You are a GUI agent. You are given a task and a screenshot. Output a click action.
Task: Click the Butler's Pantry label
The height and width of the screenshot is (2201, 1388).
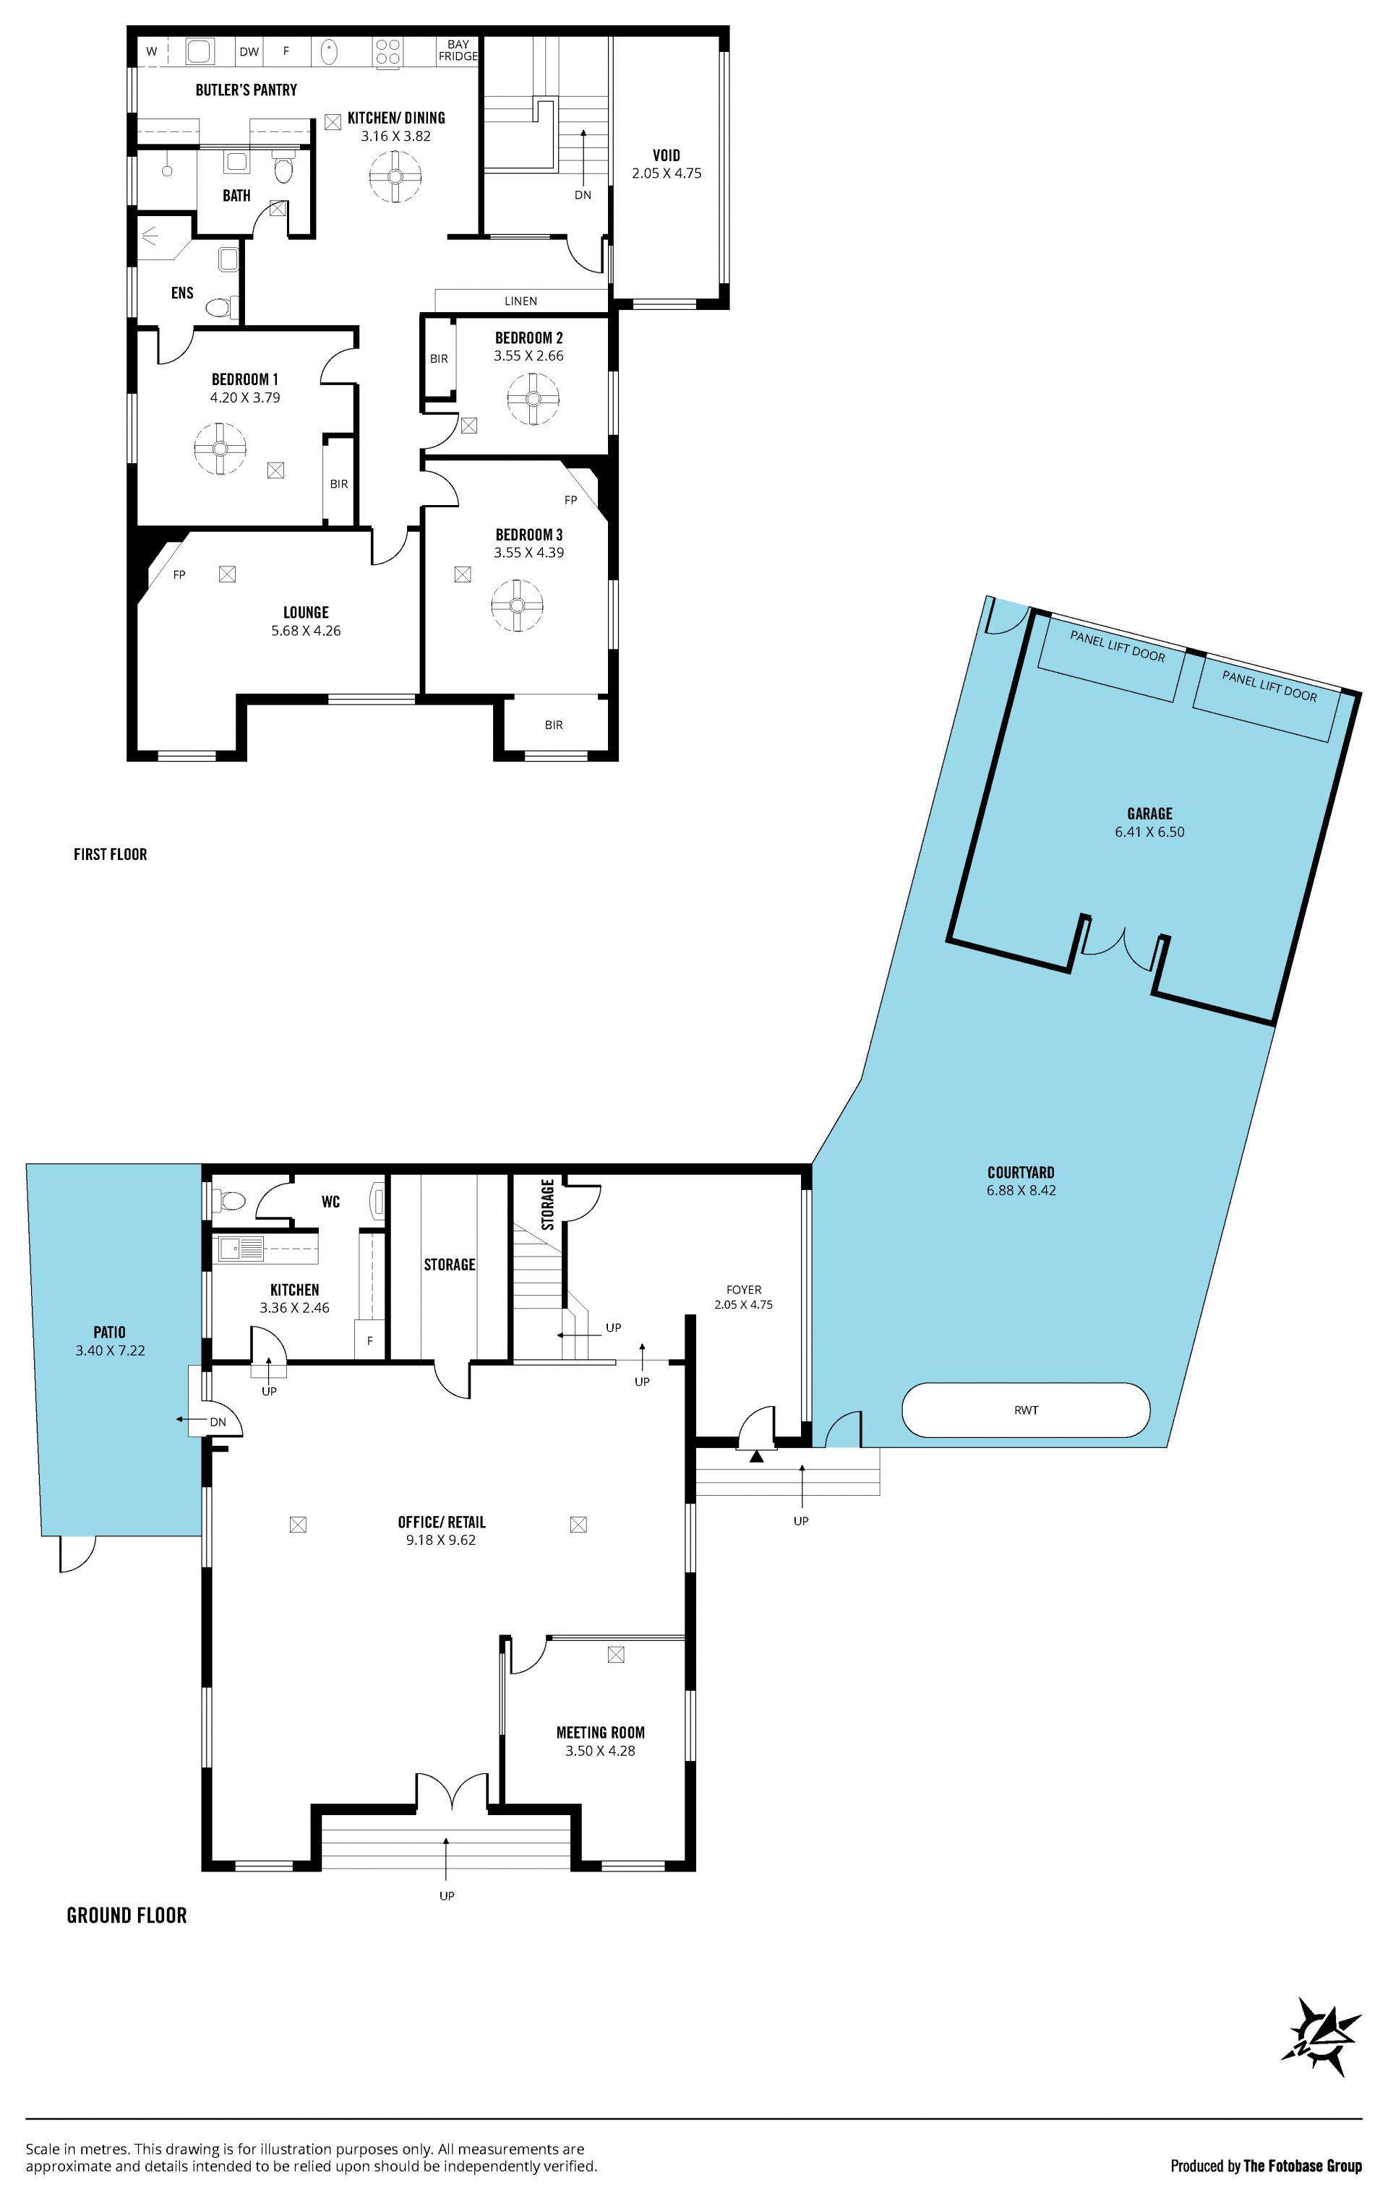click(246, 90)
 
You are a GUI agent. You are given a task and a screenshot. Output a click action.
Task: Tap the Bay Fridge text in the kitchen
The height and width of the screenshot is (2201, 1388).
click(458, 51)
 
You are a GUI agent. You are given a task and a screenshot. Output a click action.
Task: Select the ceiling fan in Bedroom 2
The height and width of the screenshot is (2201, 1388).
click(532, 399)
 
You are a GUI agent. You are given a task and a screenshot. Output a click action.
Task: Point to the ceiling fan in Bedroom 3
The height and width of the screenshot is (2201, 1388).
click(517, 605)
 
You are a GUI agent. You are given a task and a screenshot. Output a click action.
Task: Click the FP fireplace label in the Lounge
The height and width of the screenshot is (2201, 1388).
click(179, 575)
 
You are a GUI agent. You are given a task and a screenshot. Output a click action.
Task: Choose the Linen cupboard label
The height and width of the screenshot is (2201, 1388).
click(521, 301)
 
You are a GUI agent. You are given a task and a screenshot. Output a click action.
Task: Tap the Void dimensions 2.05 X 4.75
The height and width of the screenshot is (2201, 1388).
click(667, 173)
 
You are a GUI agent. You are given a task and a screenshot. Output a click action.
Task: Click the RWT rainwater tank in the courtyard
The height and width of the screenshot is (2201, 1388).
click(1026, 1410)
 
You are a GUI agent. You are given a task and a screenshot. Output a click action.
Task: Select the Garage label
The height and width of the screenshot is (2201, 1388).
click(1149, 814)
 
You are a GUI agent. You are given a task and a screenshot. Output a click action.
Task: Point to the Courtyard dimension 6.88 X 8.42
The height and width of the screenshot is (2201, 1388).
click(1021, 1190)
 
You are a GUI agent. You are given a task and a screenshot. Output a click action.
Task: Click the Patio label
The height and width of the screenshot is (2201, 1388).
click(110, 1332)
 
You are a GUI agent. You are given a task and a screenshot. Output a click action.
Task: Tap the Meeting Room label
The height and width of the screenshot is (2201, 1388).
click(601, 1732)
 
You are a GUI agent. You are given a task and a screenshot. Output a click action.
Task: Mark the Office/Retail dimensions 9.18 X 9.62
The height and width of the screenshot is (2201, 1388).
click(442, 1539)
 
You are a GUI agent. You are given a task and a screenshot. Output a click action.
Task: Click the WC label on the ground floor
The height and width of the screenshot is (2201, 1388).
click(331, 1201)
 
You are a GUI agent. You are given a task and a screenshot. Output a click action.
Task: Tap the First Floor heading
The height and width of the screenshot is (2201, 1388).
click(111, 853)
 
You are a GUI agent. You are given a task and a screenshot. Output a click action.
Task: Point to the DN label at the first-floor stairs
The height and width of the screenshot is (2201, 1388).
click(583, 194)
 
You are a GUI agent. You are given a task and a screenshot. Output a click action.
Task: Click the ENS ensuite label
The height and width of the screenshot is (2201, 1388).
click(182, 293)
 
